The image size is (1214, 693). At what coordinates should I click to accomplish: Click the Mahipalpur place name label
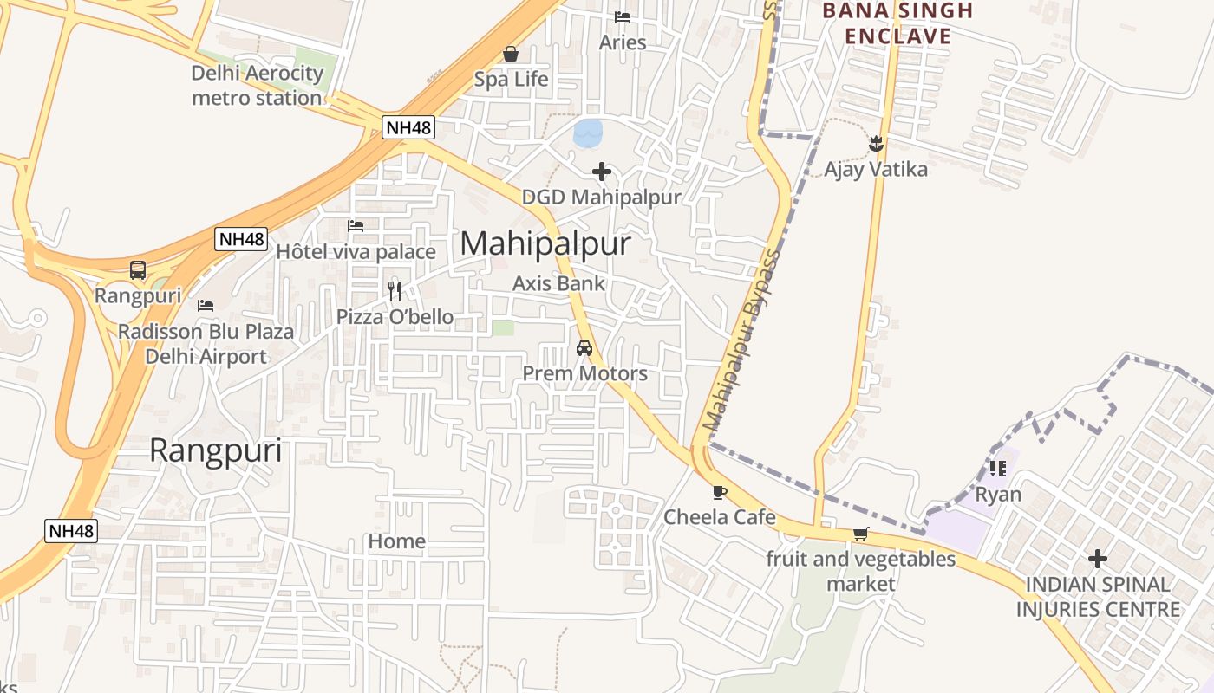[x=545, y=244]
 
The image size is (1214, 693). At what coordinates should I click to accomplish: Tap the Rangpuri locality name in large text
[x=216, y=451]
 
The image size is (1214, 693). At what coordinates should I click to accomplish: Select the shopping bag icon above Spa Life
[x=511, y=55]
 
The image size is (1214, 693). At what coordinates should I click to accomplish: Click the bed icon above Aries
[x=622, y=17]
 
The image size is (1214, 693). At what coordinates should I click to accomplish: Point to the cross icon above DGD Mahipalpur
[x=602, y=172]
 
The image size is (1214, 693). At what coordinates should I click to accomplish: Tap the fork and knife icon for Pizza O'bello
[x=395, y=290]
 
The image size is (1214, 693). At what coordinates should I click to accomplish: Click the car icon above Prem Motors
[x=584, y=348]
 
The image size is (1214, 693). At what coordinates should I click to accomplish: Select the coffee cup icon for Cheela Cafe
[x=719, y=493]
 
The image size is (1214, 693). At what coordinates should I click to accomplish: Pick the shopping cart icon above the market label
[x=860, y=534]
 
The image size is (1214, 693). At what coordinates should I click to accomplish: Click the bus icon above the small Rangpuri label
[x=138, y=270]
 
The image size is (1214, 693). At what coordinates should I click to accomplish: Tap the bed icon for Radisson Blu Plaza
[x=206, y=306]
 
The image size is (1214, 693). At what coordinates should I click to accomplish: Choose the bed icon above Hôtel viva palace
[x=356, y=226]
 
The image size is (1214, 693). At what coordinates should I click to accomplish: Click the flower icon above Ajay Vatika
[x=875, y=144]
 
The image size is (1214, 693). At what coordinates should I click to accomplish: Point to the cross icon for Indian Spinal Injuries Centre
[x=1098, y=559]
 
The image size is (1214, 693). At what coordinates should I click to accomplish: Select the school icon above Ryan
[x=998, y=469]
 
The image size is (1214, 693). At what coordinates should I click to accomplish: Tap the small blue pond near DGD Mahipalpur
[x=588, y=133]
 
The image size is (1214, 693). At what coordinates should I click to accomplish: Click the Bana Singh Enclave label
[x=897, y=23]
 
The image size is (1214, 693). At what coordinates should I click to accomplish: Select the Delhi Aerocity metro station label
[x=257, y=85]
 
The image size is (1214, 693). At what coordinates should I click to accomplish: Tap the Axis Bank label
[x=558, y=283]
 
